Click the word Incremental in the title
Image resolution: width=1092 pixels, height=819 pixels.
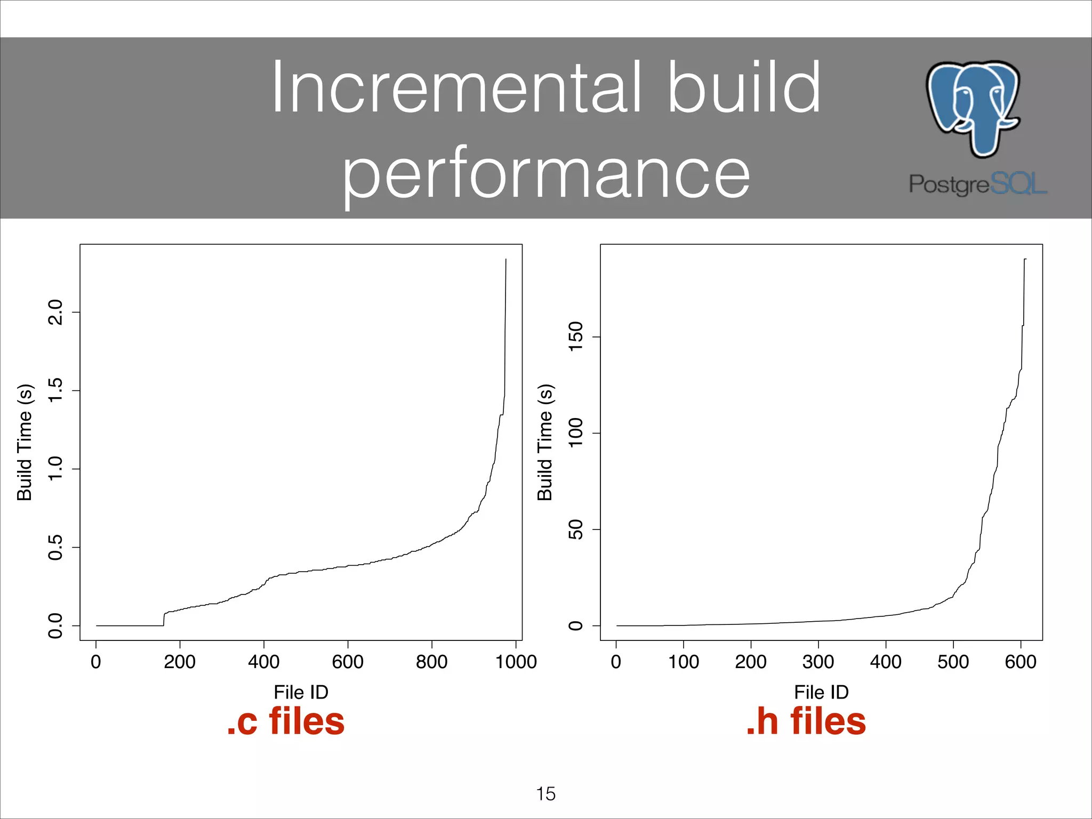pyautogui.click(x=456, y=88)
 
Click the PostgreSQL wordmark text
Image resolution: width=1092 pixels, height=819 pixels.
pyautogui.click(x=978, y=184)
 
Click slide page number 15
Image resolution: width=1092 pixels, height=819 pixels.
pyautogui.click(x=545, y=794)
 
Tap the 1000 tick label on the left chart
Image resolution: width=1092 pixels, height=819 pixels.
pyautogui.click(x=516, y=662)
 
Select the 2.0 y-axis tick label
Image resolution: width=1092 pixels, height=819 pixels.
pyautogui.click(x=55, y=312)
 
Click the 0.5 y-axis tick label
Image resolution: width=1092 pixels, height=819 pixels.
pyautogui.click(x=55, y=548)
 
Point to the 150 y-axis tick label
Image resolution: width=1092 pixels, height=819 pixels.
pyautogui.click(x=576, y=337)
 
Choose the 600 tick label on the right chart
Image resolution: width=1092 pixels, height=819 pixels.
pyautogui.click(x=1021, y=662)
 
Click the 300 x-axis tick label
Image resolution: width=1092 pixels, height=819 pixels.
pyautogui.click(x=818, y=662)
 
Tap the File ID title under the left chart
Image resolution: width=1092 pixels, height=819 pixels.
pyautogui.click(x=301, y=692)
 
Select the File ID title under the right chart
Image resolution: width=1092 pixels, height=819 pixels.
pyautogui.click(x=821, y=692)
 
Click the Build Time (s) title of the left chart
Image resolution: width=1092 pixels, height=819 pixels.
pyautogui.click(x=25, y=442)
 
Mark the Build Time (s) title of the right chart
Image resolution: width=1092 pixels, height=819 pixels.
pyautogui.click(x=545, y=442)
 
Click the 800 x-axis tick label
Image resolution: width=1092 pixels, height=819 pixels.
pyautogui.click(x=431, y=662)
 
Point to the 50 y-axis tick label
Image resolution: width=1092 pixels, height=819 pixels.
pyautogui.click(x=576, y=529)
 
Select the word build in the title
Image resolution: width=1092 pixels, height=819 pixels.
pyautogui.click(x=744, y=88)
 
